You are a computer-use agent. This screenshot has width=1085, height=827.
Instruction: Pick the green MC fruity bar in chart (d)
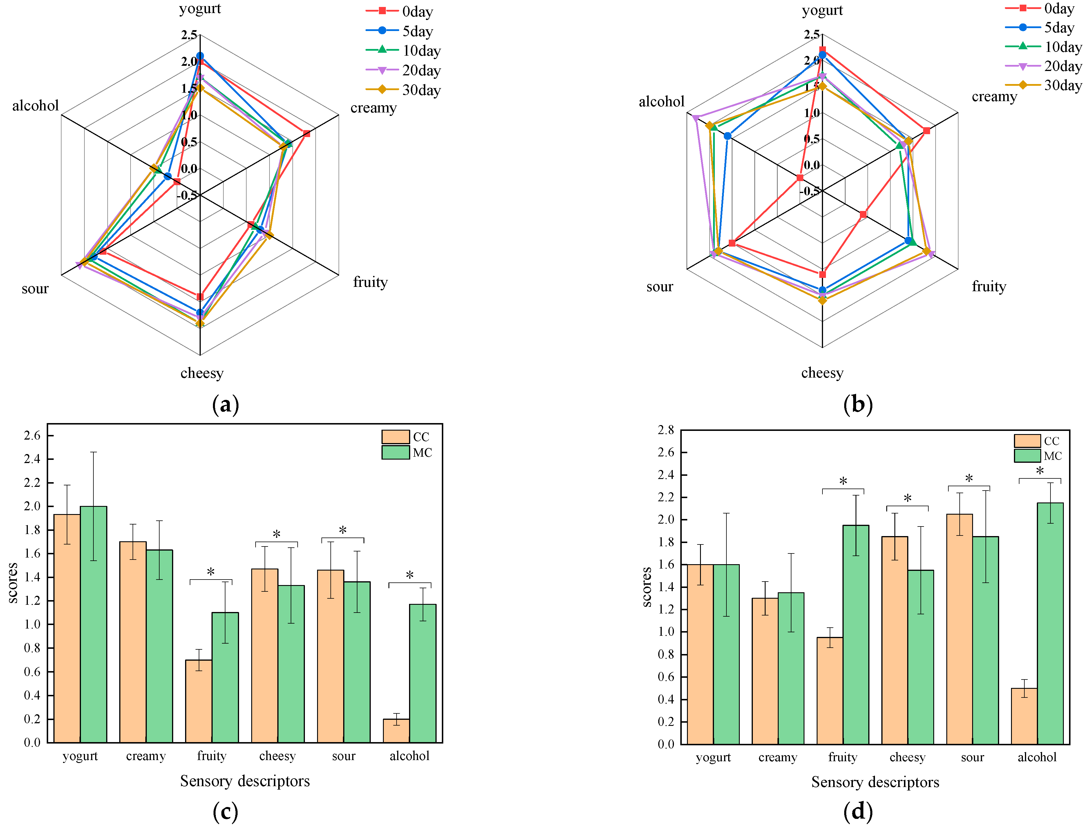856,635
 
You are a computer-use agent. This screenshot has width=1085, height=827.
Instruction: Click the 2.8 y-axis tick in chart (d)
666,430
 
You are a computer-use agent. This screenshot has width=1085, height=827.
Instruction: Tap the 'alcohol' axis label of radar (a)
35,106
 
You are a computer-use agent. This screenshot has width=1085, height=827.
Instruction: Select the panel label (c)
225,811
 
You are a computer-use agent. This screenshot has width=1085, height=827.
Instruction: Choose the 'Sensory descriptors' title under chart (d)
875,782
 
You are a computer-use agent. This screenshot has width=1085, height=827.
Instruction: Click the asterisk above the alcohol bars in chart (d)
1040,471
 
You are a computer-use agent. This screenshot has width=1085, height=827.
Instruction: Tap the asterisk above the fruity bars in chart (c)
211,572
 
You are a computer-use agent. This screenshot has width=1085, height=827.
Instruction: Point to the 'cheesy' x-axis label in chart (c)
277,756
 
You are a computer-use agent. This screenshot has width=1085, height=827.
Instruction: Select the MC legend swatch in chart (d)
1027,456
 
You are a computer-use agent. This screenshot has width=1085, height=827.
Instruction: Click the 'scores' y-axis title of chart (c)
13,583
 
